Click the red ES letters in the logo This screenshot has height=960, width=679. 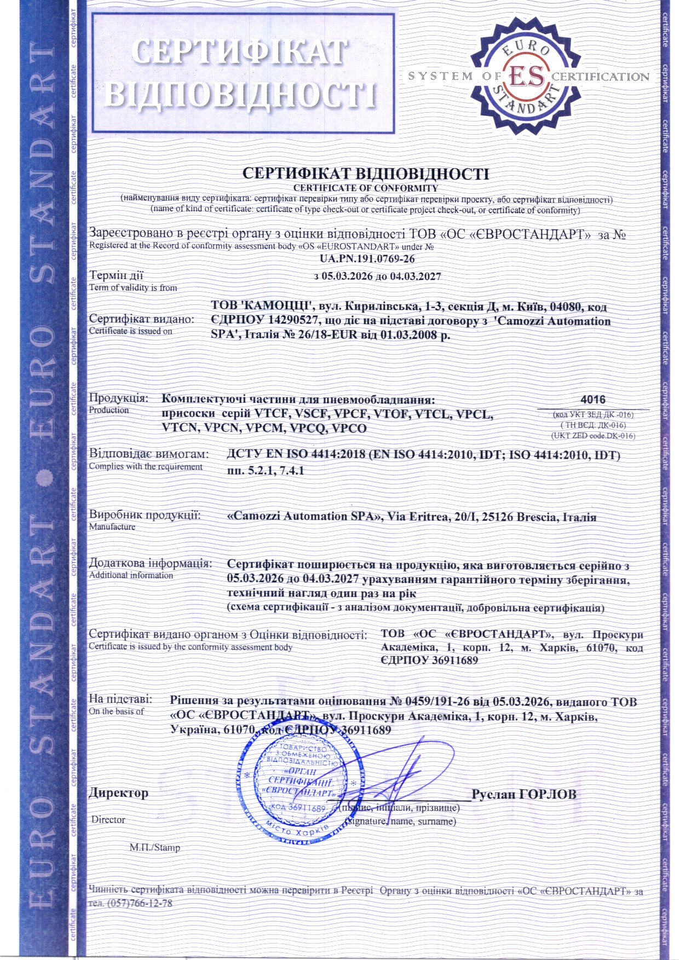[x=527, y=77]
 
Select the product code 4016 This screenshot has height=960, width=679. [x=592, y=400]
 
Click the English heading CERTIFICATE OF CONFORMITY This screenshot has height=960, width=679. [x=365, y=188]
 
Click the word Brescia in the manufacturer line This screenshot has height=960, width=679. [x=527, y=517]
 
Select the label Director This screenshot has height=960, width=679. [x=108, y=820]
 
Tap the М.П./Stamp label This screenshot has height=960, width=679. [x=154, y=847]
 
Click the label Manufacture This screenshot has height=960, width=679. [x=112, y=527]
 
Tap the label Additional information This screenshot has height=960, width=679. [x=131, y=575]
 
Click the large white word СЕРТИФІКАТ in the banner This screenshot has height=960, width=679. [x=239, y=53]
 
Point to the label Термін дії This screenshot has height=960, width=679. [x=116, y=275]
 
